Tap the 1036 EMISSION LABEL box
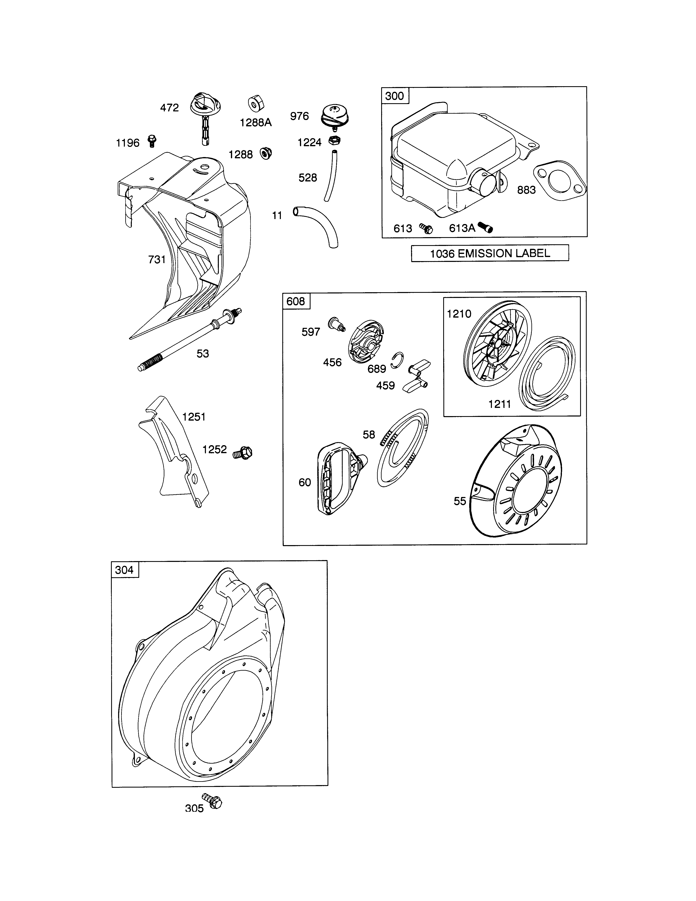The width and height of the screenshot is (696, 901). coord(490,253)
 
